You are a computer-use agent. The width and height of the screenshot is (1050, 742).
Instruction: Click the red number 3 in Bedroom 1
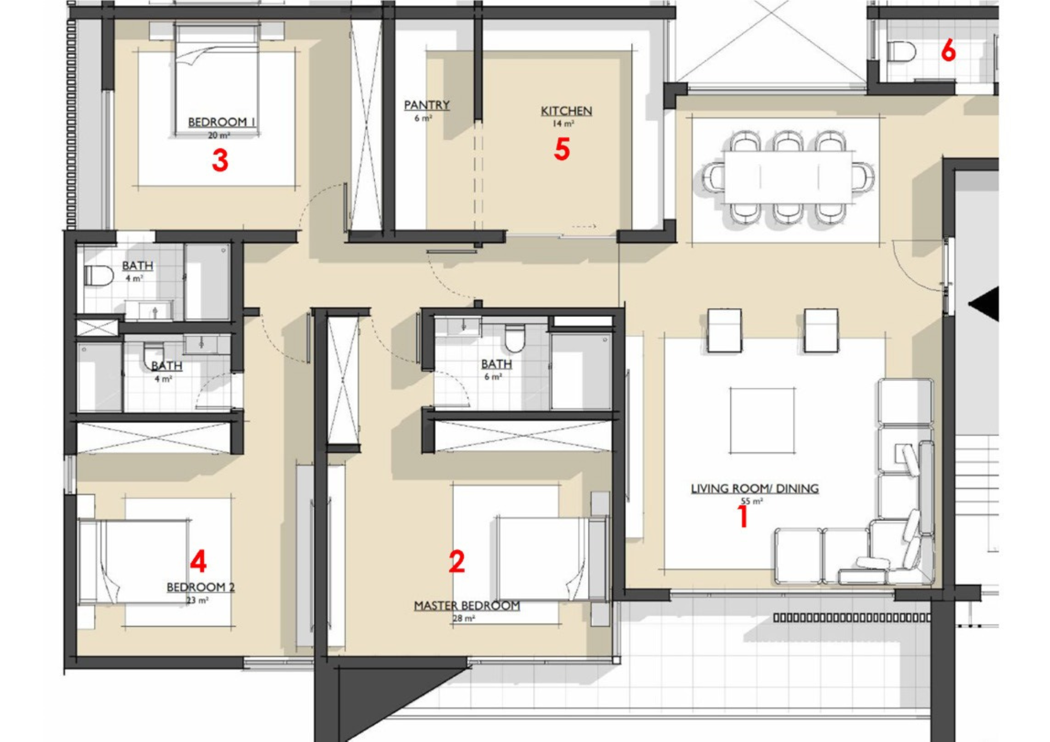pyautogui.click(x=220, y=160)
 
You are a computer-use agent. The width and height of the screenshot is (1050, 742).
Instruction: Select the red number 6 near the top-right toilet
pyautogui.click(x=948, y=51)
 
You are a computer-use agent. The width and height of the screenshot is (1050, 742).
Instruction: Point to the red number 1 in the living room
pyautogui.click(x=743, y=516)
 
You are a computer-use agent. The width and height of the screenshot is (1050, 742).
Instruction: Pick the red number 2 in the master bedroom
pyautogui.click(x=457, y=561)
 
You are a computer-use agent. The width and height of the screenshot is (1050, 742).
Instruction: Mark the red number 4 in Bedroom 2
pyautogui.click(x=198, y=561)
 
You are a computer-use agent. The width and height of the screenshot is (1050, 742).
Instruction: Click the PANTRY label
pyautogui.click(x=427, y=105)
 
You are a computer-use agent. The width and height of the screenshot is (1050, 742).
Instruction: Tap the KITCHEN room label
pyautogui.click(x=566, y=111)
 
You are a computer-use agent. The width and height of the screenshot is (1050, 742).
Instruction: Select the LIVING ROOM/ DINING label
pyautogui.click(x=754, y=489)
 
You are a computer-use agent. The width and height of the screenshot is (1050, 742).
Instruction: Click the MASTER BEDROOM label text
pyautogui.click(x=467, y=606)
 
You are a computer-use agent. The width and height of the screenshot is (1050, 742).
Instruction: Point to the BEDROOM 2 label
pyautogui.click(x=201, y=587)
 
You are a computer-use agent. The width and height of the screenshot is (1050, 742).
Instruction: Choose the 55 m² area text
pyautogui.click(x=751, y=501)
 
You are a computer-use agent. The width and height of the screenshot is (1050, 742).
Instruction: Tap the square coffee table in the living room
pyautogui.click(x=762, y=420)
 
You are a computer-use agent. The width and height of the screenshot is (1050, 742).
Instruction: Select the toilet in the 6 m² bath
pyautogui.click(x=514, y=337)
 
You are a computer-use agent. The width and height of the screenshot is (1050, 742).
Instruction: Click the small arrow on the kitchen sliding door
pyautogui.click(x=584, y=227)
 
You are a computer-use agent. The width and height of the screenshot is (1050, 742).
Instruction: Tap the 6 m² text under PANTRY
pyautogui.click(x=423, y=118)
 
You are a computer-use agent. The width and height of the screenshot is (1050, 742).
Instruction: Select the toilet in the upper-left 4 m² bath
pyautogui.click(x=99, y=275)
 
